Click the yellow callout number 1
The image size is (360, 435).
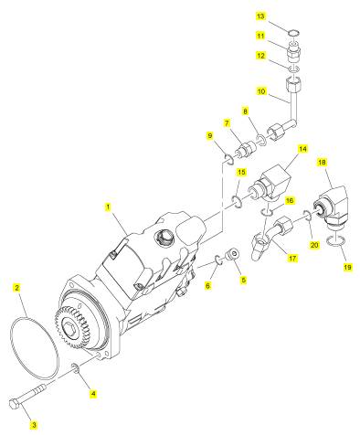pos(107,207)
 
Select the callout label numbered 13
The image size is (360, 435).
pos(260,16)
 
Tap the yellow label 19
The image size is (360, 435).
pos(347,267)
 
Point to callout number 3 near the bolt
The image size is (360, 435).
pos(34,424)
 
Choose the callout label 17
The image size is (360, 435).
pos(292,259)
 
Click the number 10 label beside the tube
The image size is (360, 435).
pos(261,91)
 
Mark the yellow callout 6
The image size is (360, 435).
pos(207,285)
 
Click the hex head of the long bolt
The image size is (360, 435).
pos(16,405)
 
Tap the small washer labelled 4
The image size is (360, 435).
pos(75,369)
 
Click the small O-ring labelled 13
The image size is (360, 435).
pos(294,32)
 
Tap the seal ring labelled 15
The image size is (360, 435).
pos(237,202)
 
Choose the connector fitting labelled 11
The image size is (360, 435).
pos(294,51)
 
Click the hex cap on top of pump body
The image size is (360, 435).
pos(163,237)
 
